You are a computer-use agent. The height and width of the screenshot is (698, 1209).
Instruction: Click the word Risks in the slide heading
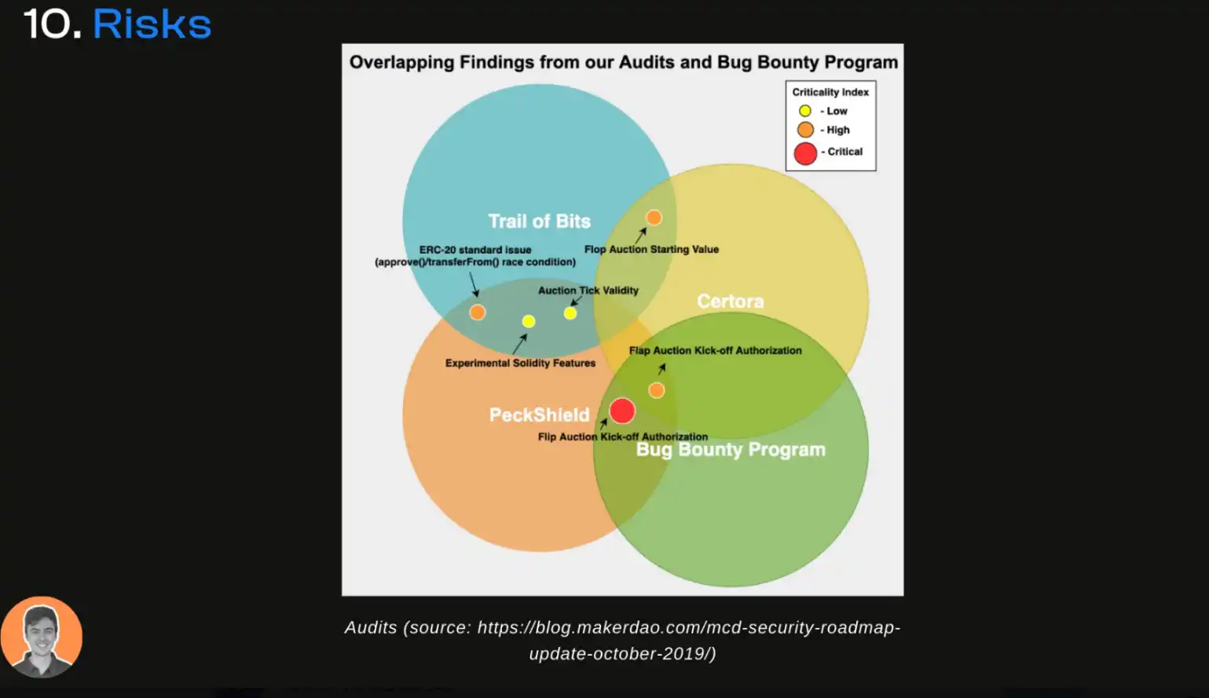pos(152,24)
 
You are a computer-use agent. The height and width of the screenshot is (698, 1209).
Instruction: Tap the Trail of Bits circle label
pos(539,221)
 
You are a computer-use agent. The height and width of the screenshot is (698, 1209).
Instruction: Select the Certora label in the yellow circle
pos(730,301)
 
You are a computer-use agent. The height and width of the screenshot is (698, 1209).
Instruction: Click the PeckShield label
pos(539,415)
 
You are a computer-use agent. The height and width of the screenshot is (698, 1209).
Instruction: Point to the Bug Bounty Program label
pos(731,449)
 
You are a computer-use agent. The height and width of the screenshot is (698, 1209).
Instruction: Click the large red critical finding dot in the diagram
pos(622,411)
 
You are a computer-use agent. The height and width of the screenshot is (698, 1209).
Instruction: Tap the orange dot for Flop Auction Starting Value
pos(654,217)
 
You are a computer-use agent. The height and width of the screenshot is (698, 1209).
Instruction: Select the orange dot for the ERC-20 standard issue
pos(477,312)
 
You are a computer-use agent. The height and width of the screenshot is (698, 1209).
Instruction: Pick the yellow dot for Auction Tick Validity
pos(570,313)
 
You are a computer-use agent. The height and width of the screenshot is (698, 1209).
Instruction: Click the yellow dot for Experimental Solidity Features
pos(529,321)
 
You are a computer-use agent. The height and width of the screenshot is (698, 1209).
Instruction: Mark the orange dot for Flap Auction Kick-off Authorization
pos(657,390)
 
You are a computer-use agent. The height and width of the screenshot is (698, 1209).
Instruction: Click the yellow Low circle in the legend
pos(805,111)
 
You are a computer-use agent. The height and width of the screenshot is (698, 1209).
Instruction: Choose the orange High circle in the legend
pos(805,130)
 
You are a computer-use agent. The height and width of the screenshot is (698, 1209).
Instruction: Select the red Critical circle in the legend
pos(805,153)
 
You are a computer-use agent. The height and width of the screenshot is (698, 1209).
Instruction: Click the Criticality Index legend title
pos(830,92)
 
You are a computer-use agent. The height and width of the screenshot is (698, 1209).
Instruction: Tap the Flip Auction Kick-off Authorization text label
pos(622,437)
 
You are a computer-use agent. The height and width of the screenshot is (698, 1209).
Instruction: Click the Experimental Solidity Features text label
pos(520,363)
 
